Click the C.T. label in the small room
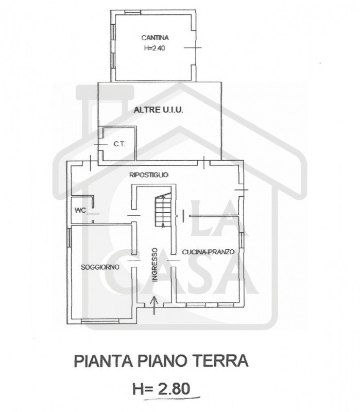pos(119,144)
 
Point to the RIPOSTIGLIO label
pos(149,175)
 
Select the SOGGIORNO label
pos(100,267)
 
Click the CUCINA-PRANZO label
pos(208,252)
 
